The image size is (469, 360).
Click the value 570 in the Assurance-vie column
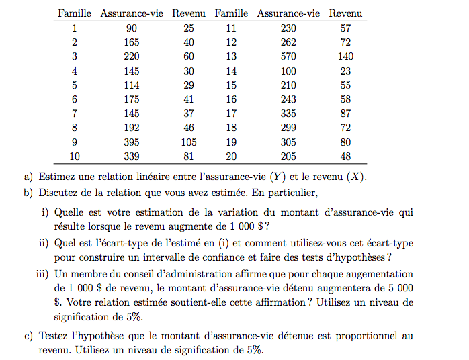tap(288, 56)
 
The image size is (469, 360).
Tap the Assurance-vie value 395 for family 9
tap(132, 142)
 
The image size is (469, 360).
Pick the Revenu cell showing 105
tap(189, 142)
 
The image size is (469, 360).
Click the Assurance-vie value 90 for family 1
tap(132, 28)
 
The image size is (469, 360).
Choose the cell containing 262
tap(288, 42)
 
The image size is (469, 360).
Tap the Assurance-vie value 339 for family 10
tap(132, 156)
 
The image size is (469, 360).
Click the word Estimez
tap(58, 177)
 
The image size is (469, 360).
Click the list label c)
tap(28, 335)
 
